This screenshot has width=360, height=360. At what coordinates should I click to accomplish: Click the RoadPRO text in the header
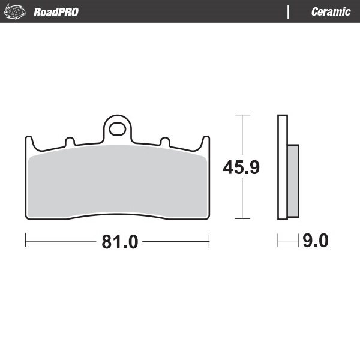(x=56, y=12)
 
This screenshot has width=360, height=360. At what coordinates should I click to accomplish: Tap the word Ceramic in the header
(x=331, y=12)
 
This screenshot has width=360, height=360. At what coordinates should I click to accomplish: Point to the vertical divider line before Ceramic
(x=289, y=12)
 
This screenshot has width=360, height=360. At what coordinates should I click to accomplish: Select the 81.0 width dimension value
(x=120, y=242)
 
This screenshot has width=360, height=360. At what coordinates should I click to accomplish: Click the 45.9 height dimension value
(x=241, y=167)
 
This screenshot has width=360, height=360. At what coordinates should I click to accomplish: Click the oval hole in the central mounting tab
(x=118, y=129)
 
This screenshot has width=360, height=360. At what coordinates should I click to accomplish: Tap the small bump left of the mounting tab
(x=70, y=142)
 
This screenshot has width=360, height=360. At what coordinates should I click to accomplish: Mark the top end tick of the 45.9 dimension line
(x=242, y=114)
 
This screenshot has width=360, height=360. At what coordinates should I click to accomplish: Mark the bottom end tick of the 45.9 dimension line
(x=242, y=219)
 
